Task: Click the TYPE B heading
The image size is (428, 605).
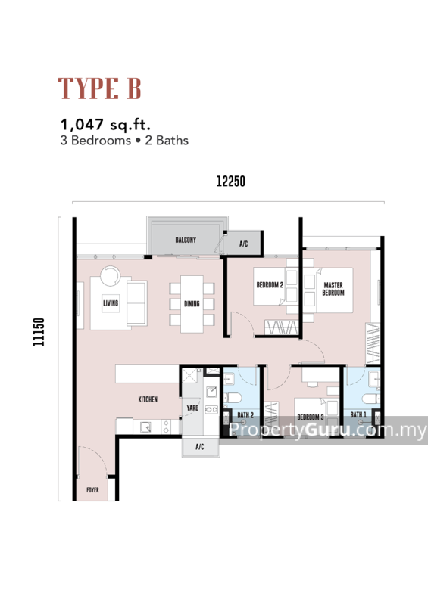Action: pyautogui.click(x=100, y=88)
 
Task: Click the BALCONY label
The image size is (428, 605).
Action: pyautogui.click(x=186, y=240)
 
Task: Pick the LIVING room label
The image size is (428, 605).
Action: pyautogui.click(x=111, y=304)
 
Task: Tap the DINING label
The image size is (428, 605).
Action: pyautogui.click(x=192, y=304)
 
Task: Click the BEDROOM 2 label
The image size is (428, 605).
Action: pyautogui.click(x=270, y=285)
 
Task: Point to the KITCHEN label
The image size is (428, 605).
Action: pyautogui.click(x=148, y=399)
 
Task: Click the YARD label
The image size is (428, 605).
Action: pyautogui.click(x=192, y=409)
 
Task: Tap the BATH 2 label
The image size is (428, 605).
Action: pyautogui.click(x=245, y=414)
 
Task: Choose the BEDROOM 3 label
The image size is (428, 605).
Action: pyautogui.click(x=311, y=417)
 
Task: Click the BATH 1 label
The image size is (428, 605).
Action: pyautogui.click(x=358, y=414)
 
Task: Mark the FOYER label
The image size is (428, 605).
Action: pyautogui.click(x=92, y=489)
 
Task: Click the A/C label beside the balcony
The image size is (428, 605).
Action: pyautogui.click(x=243, y=244)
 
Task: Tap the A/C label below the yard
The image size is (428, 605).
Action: pyautogui.click(x=200, y=447)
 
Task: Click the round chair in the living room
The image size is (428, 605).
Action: pyautogui.click(x=111, y=276)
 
